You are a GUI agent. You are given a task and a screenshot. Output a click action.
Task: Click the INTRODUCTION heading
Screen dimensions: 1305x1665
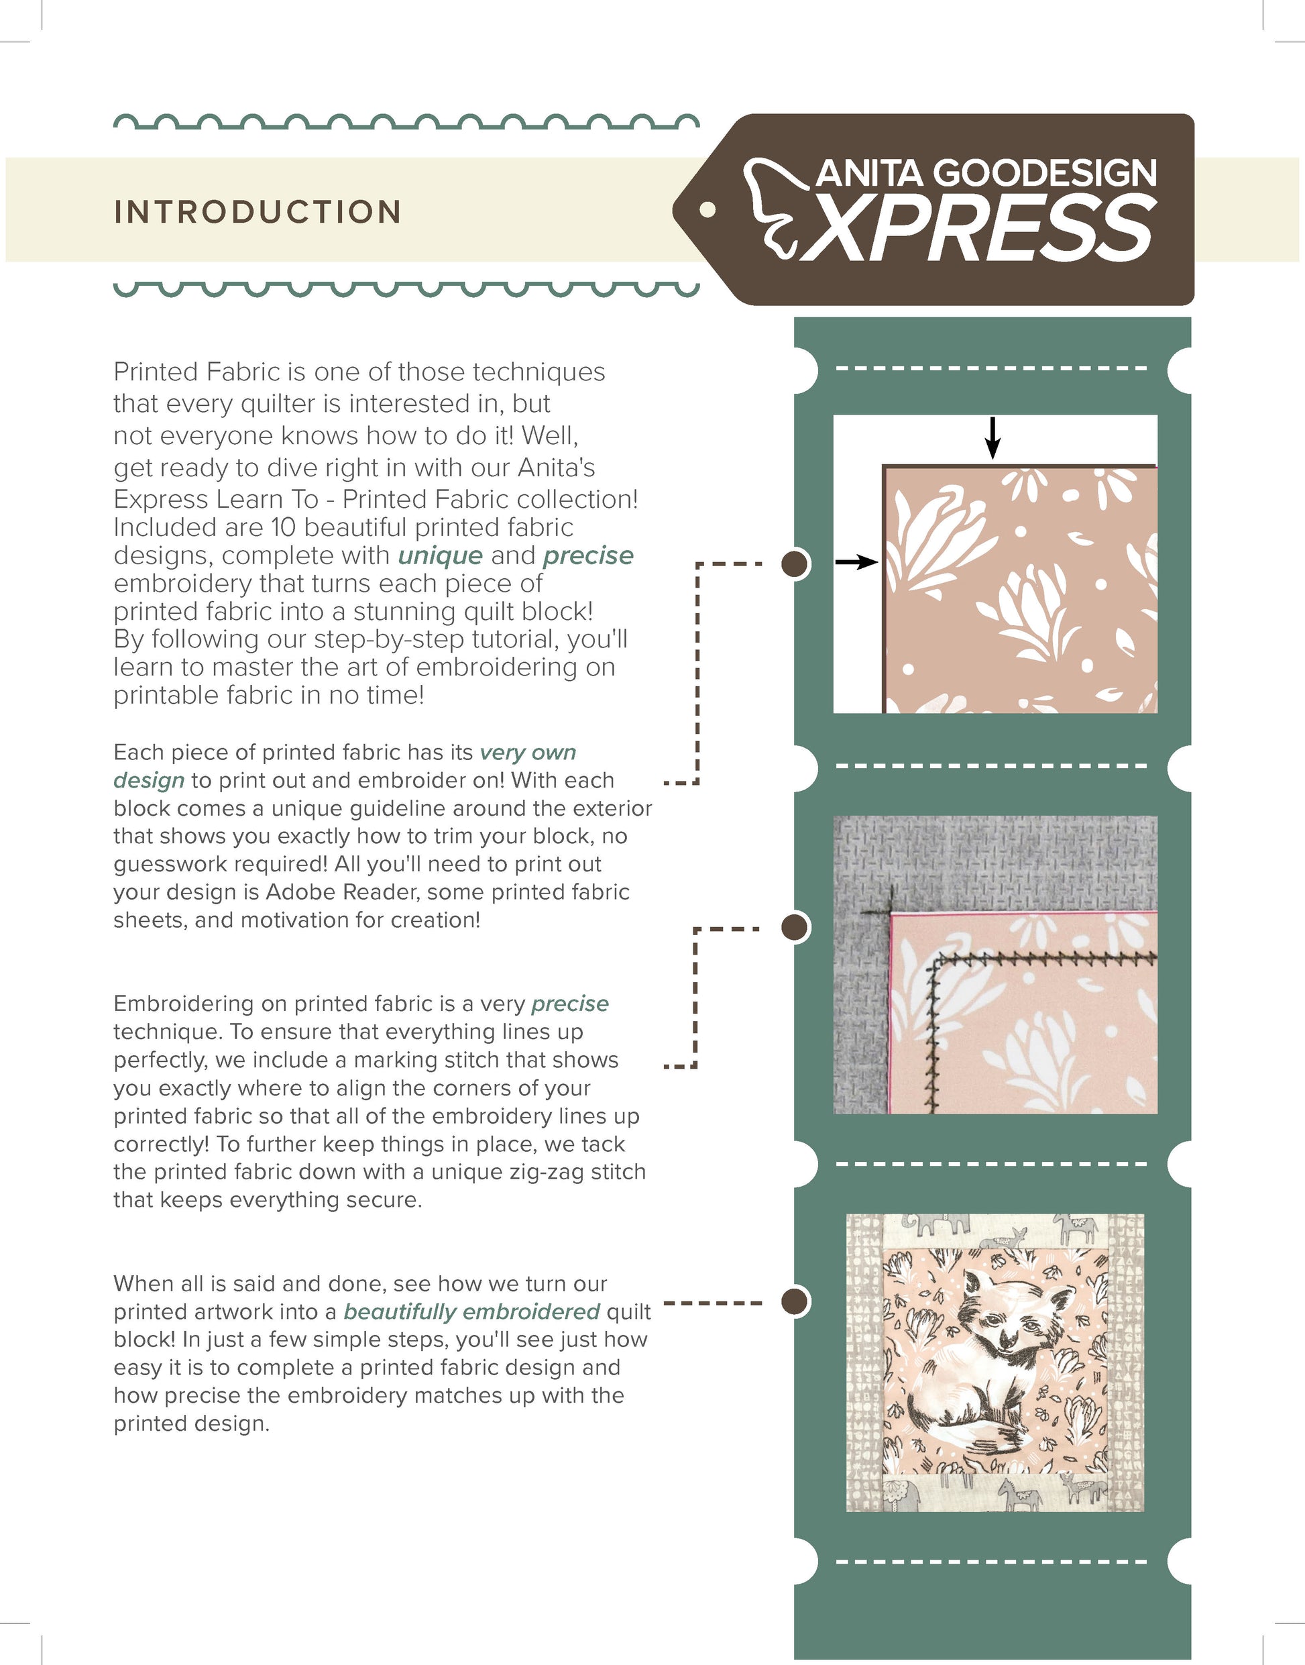[x=258, y=213]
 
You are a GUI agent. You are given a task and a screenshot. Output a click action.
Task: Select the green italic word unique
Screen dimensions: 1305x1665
[x=440, y=555]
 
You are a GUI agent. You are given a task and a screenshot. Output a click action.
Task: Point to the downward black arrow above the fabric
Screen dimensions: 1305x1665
[x=992, y=438]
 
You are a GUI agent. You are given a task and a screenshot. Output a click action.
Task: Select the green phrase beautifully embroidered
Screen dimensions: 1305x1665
[x=471, y=1312]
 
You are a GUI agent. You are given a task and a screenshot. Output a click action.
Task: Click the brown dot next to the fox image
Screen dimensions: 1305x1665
[x=795, y=1301]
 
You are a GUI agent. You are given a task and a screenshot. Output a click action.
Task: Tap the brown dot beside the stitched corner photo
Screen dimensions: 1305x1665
[x=795, y=927]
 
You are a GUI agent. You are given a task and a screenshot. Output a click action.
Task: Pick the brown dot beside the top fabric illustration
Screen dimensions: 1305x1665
[x=795, y=564]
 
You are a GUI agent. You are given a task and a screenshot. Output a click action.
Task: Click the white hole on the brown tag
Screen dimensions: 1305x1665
[x=708, y=209]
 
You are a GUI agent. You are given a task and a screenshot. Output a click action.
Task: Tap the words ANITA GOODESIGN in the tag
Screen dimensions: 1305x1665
[x=986, y=174]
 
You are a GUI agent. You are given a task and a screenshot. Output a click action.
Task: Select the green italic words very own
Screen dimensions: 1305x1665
[x=527, y=753]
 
